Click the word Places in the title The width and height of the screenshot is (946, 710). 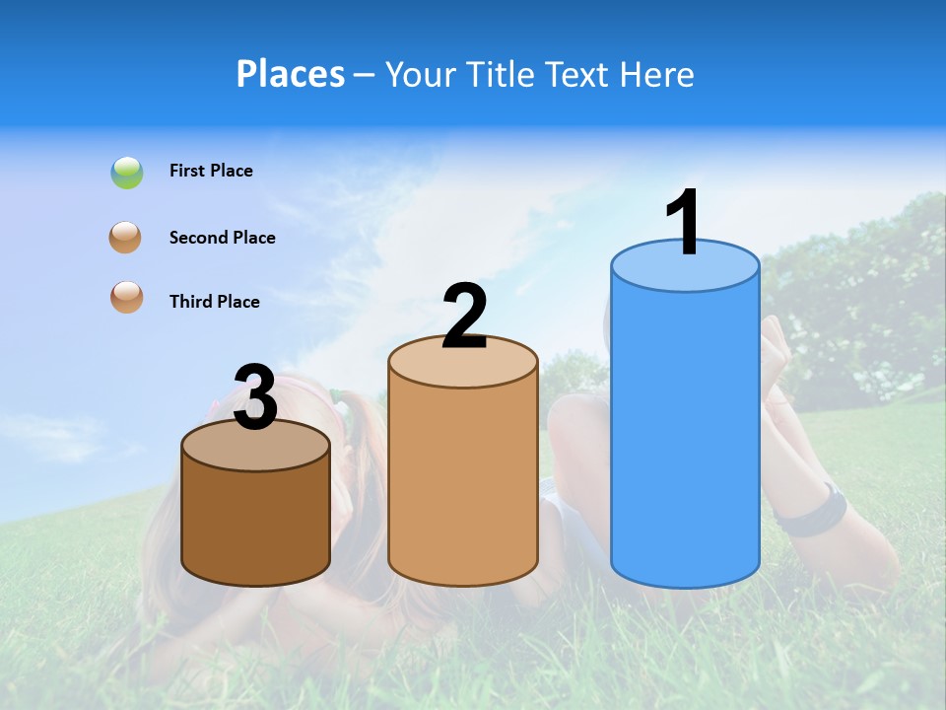[x=290, y=74]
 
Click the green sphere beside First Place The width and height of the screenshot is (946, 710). [x=126, y=173]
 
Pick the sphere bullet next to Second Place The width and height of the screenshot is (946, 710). [x=125, y=238]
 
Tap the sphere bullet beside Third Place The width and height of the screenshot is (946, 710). [x=126, y=297]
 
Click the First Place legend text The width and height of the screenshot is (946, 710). [x=211, y=171]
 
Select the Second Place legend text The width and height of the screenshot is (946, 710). [x=222, y=238]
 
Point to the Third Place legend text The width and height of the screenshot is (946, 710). [x=214, y=302]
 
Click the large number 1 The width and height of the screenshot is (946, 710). [x=684, y=223]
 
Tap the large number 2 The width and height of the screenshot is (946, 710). [x=464, y=317]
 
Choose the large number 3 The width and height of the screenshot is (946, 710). [x=255, y=397]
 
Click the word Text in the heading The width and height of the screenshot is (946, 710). [x=579, y=74]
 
